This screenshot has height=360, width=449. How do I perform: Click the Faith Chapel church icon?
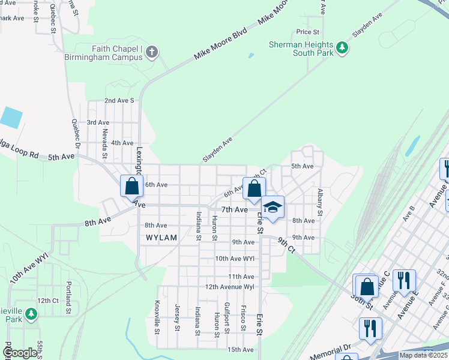[x=152, y=52]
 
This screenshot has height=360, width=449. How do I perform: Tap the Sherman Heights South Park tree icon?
[x=342, y=47]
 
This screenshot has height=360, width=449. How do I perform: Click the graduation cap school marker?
[x=273, y=208]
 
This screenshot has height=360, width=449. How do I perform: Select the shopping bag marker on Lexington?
[x=131, y=186]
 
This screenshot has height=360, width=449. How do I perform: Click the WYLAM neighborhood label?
[x=161, y=238]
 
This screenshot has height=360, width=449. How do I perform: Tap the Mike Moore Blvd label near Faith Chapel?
[x=220, y=46]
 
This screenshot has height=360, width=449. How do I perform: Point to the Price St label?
[x=307, y=32]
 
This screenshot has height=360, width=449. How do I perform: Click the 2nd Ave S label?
[x=119, y=101]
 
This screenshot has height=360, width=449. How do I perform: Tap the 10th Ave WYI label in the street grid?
[x=235, y=259]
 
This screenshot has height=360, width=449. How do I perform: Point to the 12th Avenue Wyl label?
[x=230, y=287]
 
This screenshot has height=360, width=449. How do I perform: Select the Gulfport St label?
[x=227, y=316]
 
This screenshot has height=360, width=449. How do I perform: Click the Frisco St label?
[x=243, y=317]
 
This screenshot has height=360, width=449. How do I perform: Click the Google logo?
[x=20, y=353]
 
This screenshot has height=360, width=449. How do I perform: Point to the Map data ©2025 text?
[x=423, y=355]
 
